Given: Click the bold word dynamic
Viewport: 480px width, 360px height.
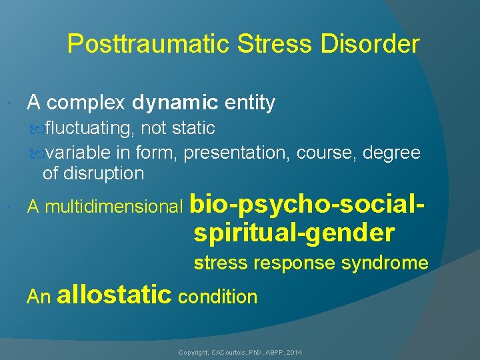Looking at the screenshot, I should click(x=175, y=103).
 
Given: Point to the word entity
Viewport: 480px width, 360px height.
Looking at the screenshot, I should click(x=249, y=103).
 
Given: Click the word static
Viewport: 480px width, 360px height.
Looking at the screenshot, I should click(x=193, y=128).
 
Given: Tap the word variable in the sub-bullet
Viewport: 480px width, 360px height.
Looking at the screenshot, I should click(x=79, y=153).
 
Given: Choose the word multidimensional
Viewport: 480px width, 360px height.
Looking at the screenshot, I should click(x=115, y=208).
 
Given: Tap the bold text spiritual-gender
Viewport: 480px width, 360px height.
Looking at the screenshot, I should click(x=294, y=233).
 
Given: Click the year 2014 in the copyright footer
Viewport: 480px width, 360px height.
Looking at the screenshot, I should click(x=294, y=351).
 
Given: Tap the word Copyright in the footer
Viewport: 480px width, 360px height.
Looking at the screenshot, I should click(x=194, y=351).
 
